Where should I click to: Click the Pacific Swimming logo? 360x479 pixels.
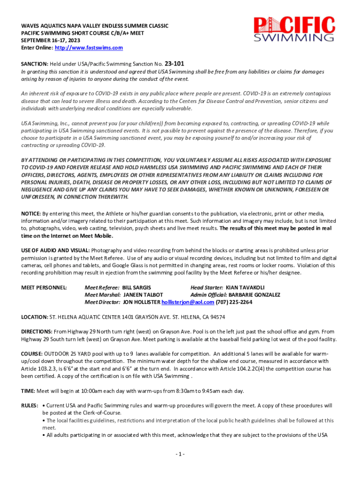(x=294, y=29)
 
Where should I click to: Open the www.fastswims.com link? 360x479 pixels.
(x=89, y=48)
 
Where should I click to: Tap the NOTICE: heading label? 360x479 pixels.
(x=31, y=214)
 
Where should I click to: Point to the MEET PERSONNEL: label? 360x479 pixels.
(x=44, y=287)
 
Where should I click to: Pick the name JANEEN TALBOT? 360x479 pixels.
(x=143, y=295)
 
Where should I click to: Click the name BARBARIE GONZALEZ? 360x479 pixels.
(x=254, y=295)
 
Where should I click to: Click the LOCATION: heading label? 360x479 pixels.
(x=35, y=317)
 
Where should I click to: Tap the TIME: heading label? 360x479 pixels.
(x=28, y=391)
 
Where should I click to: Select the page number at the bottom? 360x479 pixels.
(x=180, y=454)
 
